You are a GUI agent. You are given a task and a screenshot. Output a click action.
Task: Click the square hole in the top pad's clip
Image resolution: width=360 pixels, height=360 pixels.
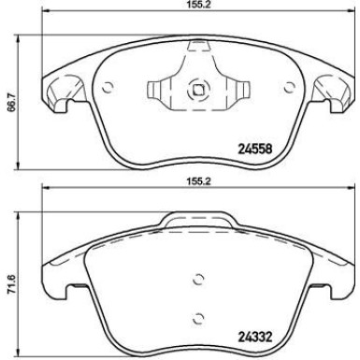(197, 92)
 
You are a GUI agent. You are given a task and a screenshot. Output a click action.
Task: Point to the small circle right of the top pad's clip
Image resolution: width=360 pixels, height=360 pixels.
(285, 90)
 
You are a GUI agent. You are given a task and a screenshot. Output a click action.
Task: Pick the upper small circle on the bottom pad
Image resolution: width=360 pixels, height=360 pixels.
(196, 277)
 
